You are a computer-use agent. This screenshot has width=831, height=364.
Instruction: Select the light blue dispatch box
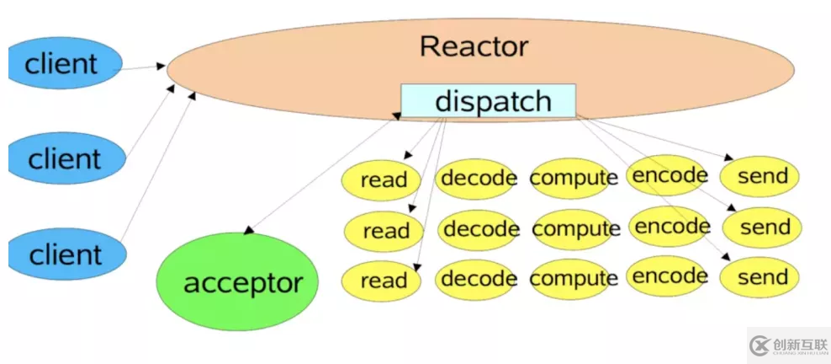tap(488, 101)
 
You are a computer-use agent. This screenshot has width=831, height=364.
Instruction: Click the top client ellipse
tap(64, 63)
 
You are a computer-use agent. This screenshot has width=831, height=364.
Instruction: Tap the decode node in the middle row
tap(479, 228)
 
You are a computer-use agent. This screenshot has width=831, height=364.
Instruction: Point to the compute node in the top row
tap(574, 178)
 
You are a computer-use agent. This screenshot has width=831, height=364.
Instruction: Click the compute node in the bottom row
tap(575, 278)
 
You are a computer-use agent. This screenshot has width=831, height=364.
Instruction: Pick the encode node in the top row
tap(669, 175)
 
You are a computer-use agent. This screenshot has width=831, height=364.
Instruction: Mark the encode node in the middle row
tap(671, 226)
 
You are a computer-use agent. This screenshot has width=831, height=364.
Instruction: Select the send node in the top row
tap(761, 177)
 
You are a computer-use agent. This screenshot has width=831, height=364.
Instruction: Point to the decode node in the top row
tap(476, 178)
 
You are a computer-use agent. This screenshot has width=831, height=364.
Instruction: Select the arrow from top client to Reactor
tap(143, 67)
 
